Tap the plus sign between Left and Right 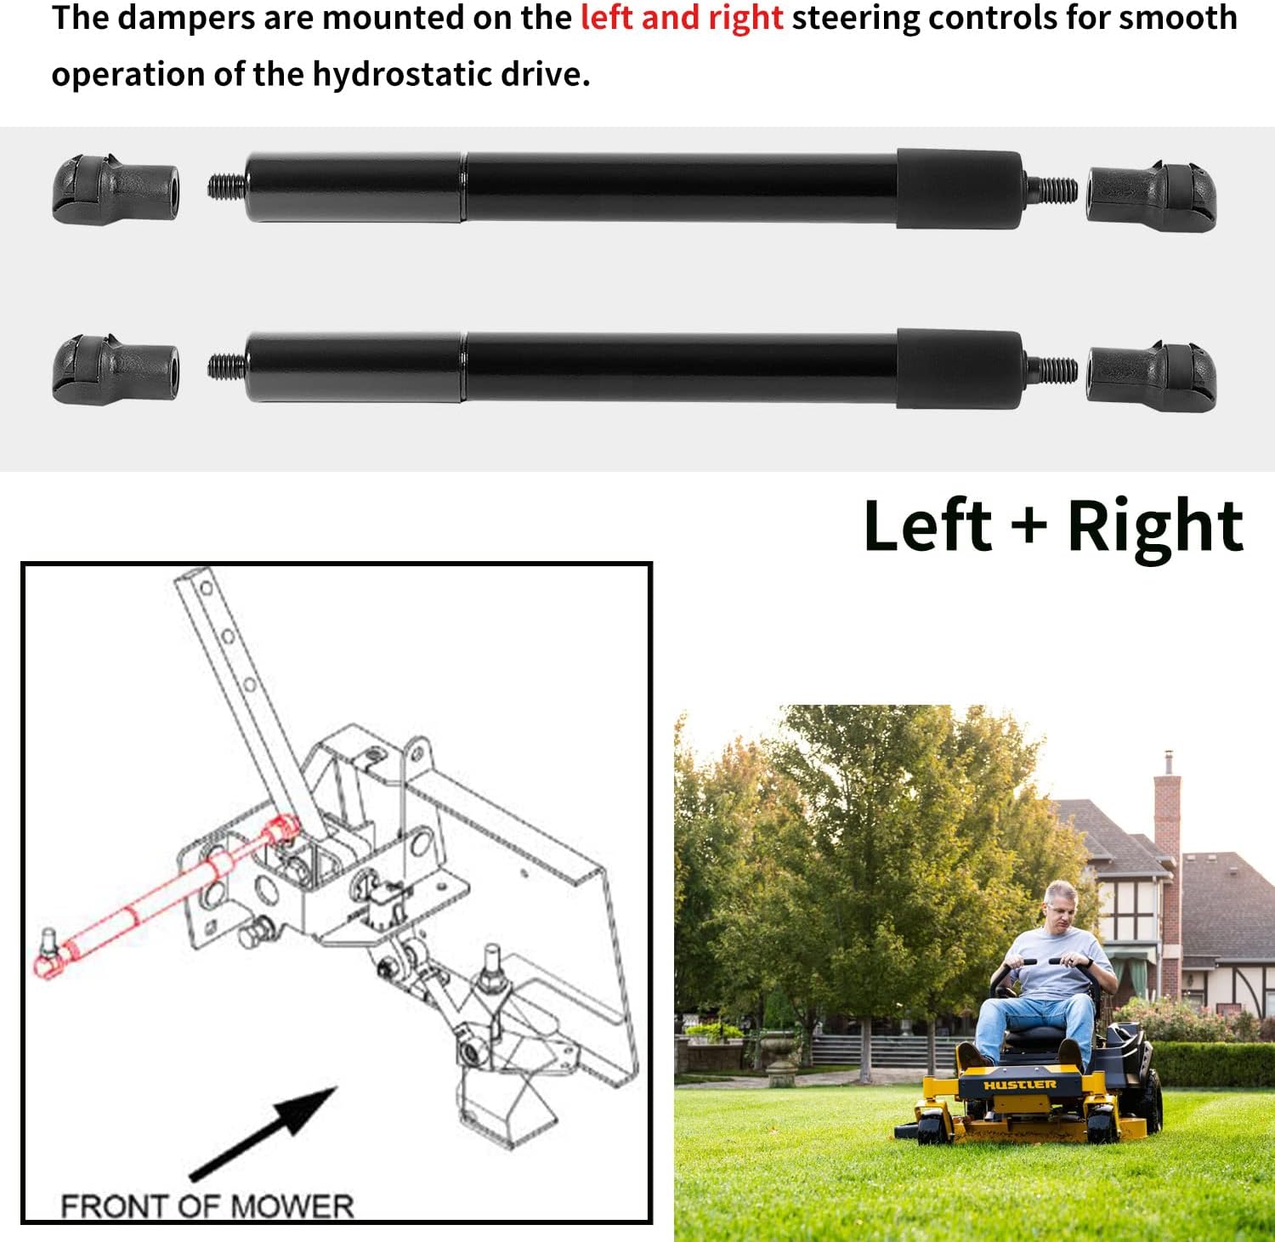(x=1029, y=524)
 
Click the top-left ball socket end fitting (x=114, y=189)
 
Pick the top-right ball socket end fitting (x=1152, y=196)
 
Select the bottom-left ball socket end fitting (x=114, y=370)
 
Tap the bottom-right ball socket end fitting (x=1152, y=377)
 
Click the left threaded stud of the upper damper (x=226, y=186)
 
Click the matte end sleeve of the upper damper (x=959, y=189)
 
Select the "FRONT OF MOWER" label (x=207, y=1205)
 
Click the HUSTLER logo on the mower (x=1019, y=1086)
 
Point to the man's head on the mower (x=1062, y=906)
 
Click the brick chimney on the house (x=1167, y=816)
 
